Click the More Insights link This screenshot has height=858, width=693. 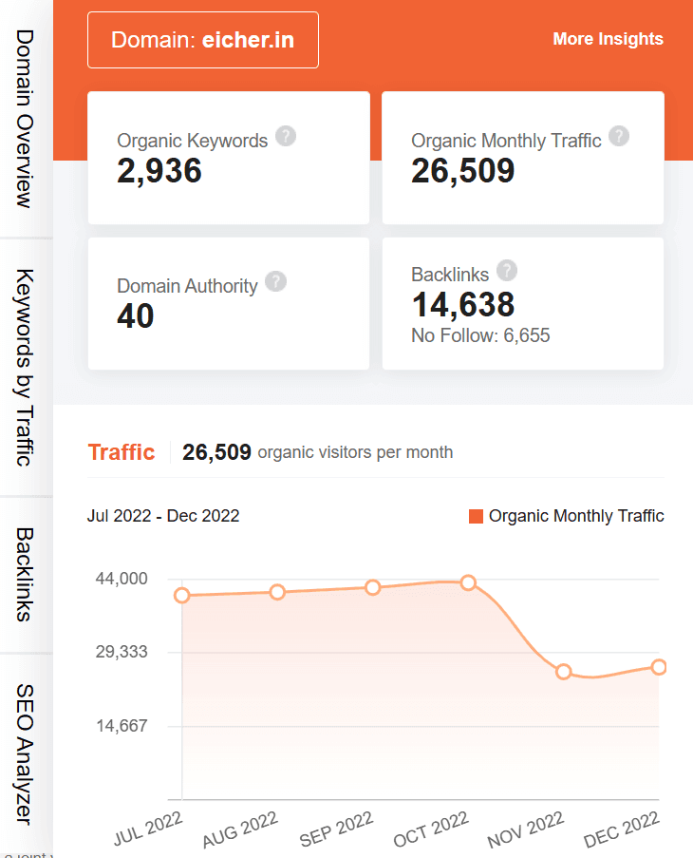(x=608, y=39)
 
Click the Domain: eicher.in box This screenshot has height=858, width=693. (x=202, y=40)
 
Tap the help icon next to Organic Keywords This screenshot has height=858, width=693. (x=286, y=136)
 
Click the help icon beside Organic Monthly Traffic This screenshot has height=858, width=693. (x=619, y=136)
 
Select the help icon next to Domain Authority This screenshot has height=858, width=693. (x=275, y=281)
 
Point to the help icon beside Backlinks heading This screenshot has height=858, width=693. (x=507, y=271)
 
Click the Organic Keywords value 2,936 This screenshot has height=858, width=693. (x=159, y=171)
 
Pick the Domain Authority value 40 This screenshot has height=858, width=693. (x=136, y=316)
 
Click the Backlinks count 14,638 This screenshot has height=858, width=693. (x=462, y=305)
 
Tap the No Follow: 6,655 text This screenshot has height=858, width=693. (x=480, y=335)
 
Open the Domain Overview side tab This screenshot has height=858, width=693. (x=26, y=118)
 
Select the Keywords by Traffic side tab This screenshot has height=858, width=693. (x=26, y=367)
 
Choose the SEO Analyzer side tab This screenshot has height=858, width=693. (x=26, y=754)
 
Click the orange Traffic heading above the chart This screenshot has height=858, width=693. (x=121, y=452)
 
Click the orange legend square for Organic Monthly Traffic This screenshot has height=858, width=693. (x=476, y=516)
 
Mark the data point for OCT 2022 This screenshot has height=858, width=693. (x=468, y=582)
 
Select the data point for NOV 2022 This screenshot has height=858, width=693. (x=564, y=672)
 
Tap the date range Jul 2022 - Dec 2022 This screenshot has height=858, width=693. (x=163, y=516)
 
